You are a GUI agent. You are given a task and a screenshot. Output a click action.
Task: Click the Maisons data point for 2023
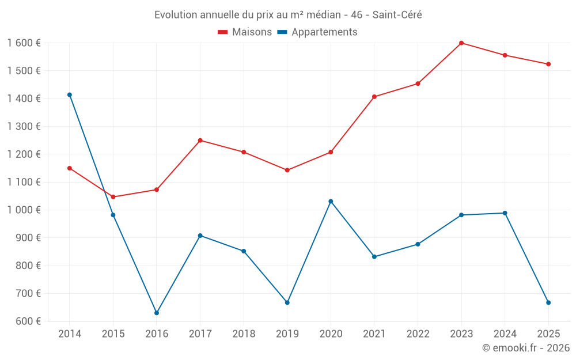[x=461, y=43]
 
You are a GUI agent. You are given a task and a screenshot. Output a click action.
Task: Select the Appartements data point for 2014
[x=70, y=95]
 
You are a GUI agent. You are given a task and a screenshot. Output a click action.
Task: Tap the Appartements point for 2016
[x=157, y=313]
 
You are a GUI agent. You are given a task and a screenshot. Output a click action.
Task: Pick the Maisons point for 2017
[x=200, y=141]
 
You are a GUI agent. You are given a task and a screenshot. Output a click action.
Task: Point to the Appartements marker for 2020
[x=331, y=202]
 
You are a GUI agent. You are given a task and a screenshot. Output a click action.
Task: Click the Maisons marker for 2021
[x=374, y=97]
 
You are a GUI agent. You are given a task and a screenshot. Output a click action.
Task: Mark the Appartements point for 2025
[x=548, y=302]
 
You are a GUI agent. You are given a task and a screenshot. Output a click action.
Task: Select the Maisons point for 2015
[x=113, y=197]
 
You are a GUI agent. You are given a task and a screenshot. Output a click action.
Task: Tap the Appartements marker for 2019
[x=287, y=302]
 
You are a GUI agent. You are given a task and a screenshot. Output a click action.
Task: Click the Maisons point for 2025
[x=548, y=64]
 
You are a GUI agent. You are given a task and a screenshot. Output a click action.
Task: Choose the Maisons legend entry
[x=245, y=32]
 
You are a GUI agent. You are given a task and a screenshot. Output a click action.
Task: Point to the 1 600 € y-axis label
[x=24, y=43]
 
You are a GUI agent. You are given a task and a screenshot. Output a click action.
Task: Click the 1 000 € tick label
[x=24, y=210]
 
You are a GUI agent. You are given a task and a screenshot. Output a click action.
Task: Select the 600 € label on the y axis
[x=28, y=321]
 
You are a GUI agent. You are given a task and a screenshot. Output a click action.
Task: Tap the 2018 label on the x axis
[x=244, y=334]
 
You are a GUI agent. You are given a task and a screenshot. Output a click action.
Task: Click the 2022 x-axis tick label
[x=418, y=334]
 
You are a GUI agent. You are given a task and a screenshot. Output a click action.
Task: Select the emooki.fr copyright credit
[x=525, y=348]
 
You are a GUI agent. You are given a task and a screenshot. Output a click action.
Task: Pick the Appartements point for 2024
[x=505, y=213]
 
